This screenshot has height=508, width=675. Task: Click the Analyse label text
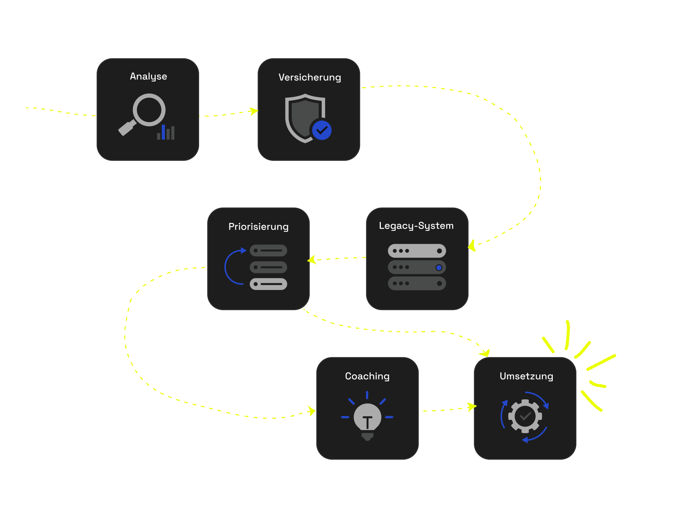[x=148, y=77]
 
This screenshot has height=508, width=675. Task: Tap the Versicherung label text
[x=310, y=78]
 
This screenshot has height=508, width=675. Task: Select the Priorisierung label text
[x=258, y=227]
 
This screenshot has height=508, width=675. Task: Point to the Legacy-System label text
[x=416, y=226]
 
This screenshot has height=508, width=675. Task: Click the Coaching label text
[x=367, y=376]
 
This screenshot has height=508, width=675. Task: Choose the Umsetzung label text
[x=526, y=376]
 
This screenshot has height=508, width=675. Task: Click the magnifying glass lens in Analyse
[x=149, y=110]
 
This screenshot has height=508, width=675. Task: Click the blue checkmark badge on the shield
[x=322, y=130]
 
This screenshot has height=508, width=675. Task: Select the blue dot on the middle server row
[x=439, y=267]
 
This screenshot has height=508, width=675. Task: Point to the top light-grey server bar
[x=417, y=251]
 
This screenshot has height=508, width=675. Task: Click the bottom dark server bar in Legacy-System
[x=417, y=283]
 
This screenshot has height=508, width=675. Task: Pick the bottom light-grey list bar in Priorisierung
[x=268, y=284]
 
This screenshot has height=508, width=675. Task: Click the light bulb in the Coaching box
[x=367, y=418]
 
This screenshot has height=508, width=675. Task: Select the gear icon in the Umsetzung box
[x=525, y=416]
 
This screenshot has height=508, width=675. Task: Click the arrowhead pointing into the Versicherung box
[x=254, y=111]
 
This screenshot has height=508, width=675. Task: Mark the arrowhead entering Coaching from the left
[x=311, y=411]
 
